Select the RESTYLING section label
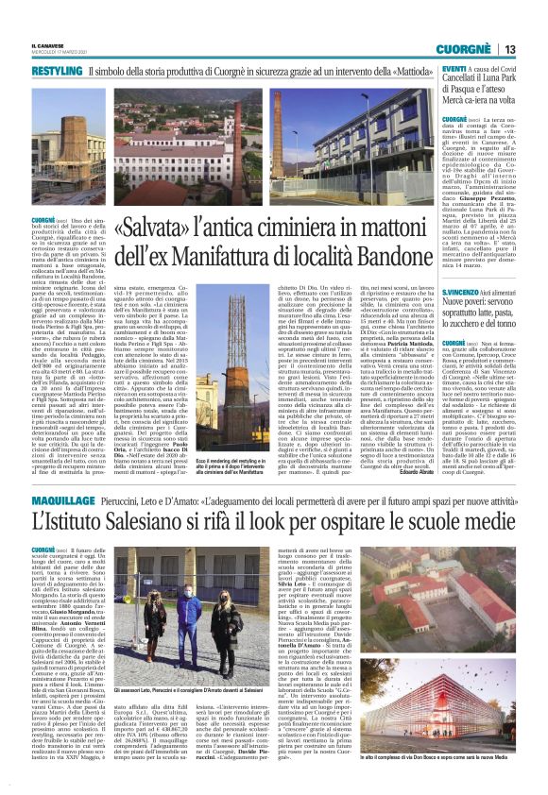tap(57, 72)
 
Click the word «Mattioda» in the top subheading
tap(402, 72)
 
